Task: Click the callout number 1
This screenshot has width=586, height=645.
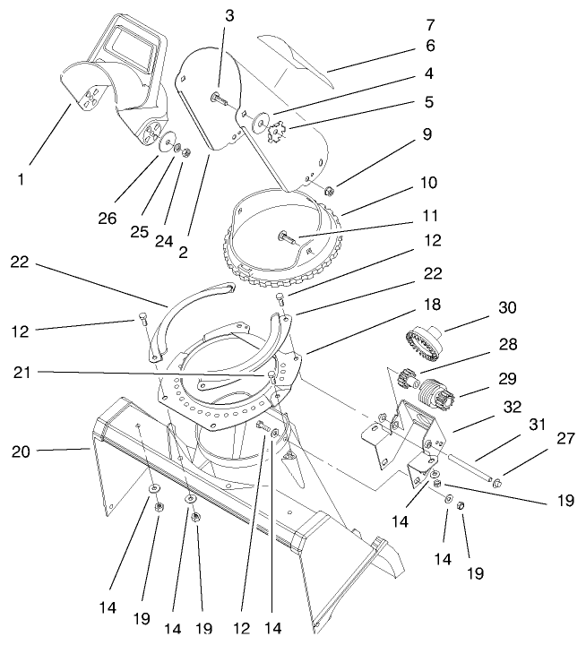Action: coord(20,179)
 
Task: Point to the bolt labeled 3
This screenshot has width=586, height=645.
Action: coord(219,99)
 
